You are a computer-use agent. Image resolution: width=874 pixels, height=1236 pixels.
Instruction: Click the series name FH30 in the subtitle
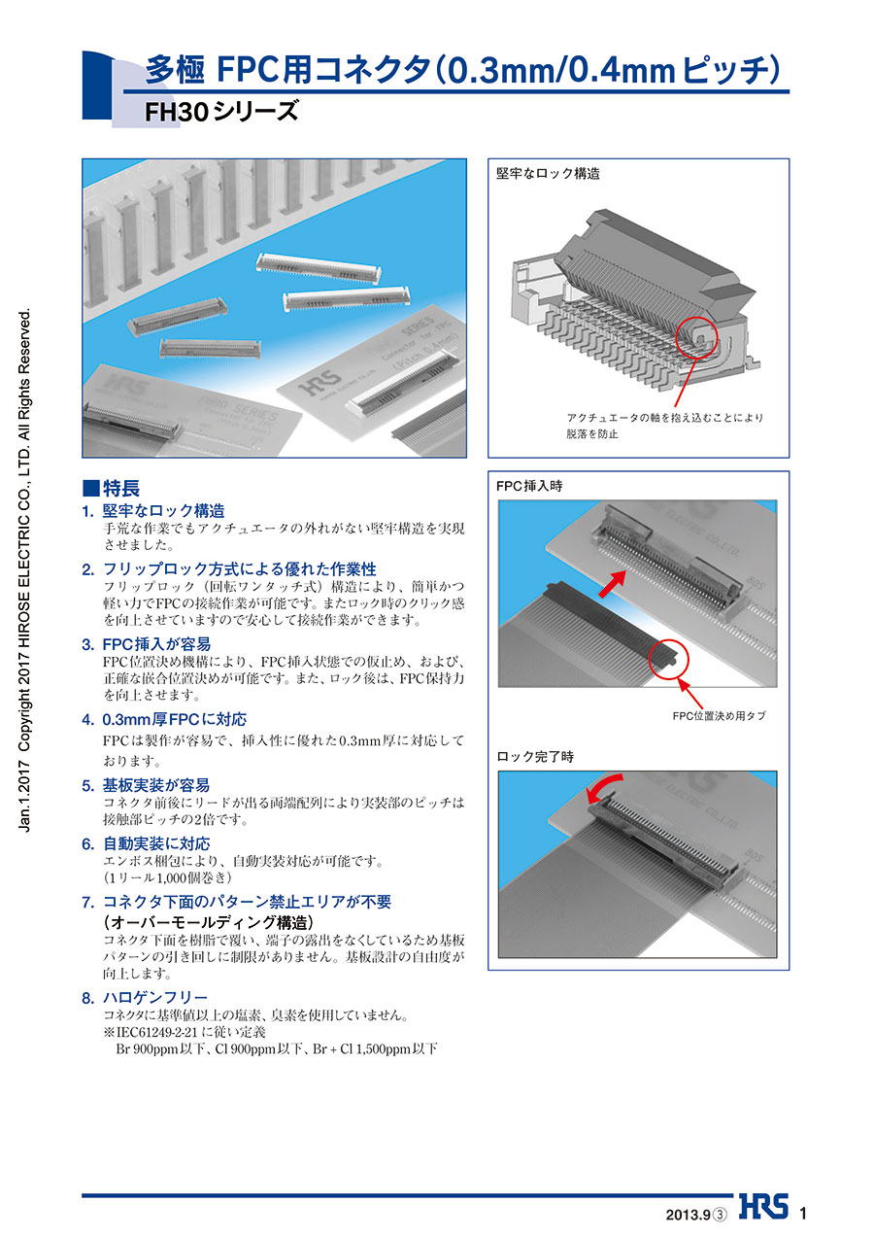click(x=177, y=112)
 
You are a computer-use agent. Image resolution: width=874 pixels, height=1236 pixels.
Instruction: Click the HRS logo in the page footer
click(x=763, y=1205)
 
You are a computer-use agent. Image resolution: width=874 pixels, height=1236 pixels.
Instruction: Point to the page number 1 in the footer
click(x=803, y=1213)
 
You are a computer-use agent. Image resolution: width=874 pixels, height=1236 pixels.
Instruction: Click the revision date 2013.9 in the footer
click(x=689, y=1215)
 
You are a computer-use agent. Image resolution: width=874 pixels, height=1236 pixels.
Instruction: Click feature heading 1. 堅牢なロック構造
click(x=153, y=511)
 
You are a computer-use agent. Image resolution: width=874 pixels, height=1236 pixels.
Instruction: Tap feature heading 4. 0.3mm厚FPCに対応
click(x=164, y=719)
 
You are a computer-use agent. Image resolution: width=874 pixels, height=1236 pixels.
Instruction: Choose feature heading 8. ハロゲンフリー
click(x=145, y=998)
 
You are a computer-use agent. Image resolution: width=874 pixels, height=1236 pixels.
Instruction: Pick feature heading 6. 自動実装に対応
click(x=146, y=843)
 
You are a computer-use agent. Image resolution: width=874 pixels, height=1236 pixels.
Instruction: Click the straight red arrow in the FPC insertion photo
click(x=613, y=583)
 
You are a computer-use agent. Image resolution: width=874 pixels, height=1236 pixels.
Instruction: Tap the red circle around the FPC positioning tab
click(x=668, y=658)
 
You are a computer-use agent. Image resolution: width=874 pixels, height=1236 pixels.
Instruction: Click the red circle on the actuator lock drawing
click(x=697, y=338)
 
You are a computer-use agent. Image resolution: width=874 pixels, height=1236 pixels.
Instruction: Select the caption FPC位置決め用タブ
click(x=719, y=716)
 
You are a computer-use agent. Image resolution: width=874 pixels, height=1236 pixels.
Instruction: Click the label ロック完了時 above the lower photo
click(x=535, y=757)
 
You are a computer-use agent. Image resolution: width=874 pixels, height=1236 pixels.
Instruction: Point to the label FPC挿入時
click(x=529, y=486)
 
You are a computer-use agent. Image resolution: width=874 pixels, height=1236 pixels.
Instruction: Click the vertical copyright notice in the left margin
click(x=25, y=569)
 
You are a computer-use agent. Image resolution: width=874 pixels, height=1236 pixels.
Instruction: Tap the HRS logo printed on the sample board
click(x=319, y=383)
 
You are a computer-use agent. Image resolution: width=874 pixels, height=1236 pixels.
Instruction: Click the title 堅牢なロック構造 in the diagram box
click(x=548, y=174)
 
